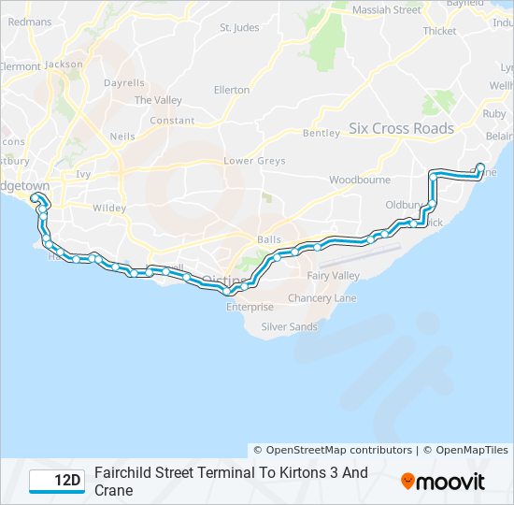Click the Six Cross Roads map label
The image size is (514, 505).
[401, 128]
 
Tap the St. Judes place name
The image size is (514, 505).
[238, 28]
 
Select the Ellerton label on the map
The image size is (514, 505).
[232, 90]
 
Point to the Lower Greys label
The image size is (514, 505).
[254, 161]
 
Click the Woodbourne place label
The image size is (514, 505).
[359, 179]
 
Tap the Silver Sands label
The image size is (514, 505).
[289, 326]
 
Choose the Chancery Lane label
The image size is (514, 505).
[322, 298]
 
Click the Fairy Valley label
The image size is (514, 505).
[334, 276]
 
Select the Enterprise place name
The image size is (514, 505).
[250, 307]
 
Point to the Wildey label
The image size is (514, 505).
[109, 208]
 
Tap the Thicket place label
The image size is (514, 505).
[439, 31]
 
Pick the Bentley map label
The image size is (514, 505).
[321, 133]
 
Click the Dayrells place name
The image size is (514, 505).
[124, 83]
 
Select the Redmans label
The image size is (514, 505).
[29, 22]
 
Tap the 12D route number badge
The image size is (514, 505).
[56, 481]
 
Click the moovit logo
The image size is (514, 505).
[443, 482]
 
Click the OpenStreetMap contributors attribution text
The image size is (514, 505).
[333, 450]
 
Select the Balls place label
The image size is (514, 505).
[268, 239]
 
